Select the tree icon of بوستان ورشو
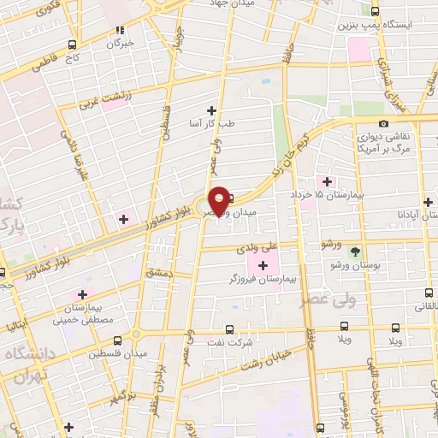point(355,251)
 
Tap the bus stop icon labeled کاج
point(72,44)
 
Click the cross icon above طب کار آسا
point(210,110)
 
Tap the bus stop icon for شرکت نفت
point(228,328)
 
